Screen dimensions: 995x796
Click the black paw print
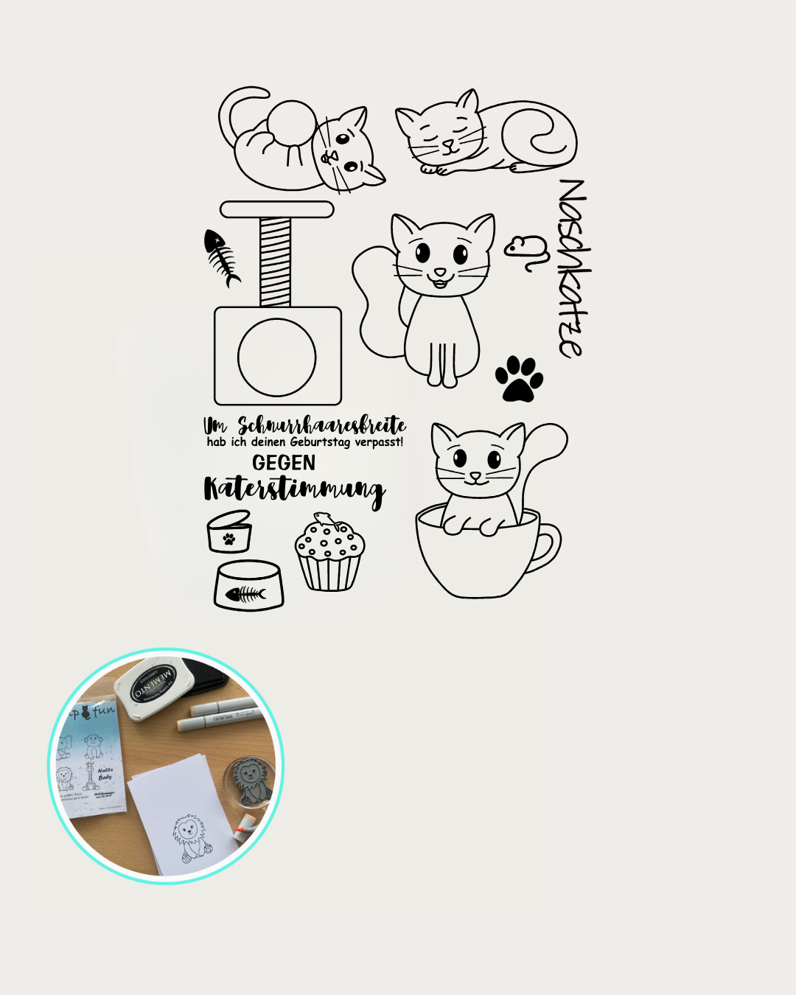pos(520,378)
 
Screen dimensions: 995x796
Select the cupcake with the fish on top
pos(329,554)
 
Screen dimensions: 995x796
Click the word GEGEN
pos(284,463)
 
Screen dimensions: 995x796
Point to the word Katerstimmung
pos(294,490)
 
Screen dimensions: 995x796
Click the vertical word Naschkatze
pos(573,268)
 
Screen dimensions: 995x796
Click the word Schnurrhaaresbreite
pos(321,425)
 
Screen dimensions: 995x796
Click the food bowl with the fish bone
pos(249,587)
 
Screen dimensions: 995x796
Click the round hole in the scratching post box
pos(277,357)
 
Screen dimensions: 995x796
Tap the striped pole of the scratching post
pos(276,262)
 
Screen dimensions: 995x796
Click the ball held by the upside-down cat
pos(291,125)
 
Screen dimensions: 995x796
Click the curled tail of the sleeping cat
pos(542,136)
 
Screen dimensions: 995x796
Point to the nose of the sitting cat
pos(440,273)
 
